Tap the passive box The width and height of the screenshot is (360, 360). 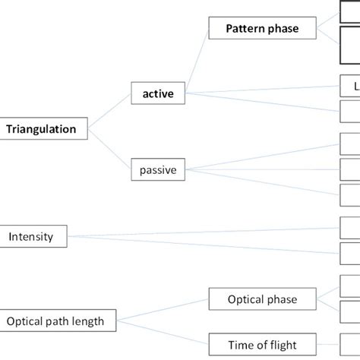157,170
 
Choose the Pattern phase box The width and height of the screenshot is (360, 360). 263,30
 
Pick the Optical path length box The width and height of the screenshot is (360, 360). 61,321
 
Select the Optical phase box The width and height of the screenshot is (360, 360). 262,299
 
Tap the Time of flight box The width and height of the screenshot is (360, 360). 262,344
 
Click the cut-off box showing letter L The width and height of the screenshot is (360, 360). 350,86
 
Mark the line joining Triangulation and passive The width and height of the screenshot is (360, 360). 114,150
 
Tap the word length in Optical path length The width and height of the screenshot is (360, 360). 98,321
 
